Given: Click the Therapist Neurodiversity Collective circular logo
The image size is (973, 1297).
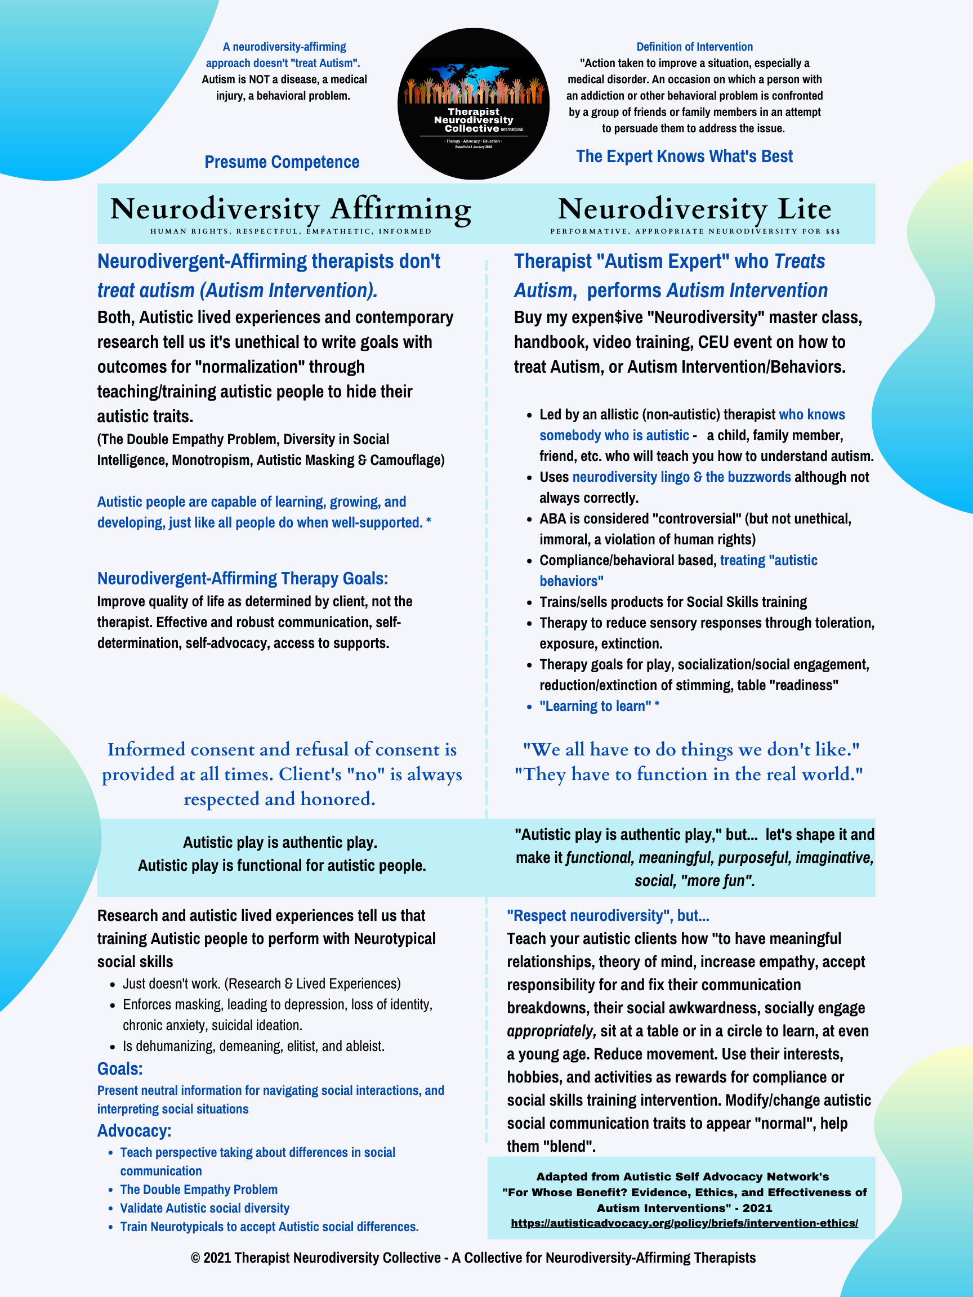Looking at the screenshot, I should pos(474,104).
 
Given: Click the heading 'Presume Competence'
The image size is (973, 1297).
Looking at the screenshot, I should pos(282,162).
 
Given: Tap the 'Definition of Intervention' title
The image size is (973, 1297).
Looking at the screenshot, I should pos(694,47).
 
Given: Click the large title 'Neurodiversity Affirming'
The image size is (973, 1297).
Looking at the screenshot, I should pos(291,209).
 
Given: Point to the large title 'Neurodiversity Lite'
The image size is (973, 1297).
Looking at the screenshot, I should pos(694,209).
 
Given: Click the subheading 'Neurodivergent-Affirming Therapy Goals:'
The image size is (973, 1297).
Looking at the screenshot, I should pos(242,578).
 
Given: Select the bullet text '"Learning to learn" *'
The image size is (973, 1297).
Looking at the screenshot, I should pos(599,706).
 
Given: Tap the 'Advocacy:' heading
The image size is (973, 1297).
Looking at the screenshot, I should pos(135,1130).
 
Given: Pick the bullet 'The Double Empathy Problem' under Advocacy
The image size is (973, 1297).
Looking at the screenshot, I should pos(199,1189).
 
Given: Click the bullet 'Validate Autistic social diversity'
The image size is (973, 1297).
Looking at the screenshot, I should pos(205,1208).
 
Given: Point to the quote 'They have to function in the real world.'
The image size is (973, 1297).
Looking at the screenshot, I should pos(689,774).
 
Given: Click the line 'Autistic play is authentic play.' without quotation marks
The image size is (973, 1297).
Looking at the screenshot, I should pos(280,842).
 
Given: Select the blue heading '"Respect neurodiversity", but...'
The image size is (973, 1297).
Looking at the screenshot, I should pos(608,915).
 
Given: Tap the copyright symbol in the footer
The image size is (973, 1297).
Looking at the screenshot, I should pos(196,1258).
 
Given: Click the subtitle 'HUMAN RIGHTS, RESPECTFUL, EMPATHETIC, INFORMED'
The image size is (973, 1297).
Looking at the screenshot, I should pos(291,231).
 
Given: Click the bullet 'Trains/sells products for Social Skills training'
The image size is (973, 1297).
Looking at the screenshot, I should pos(673,602).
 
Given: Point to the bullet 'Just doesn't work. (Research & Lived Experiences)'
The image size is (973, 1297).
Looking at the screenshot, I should pos(262,983).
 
